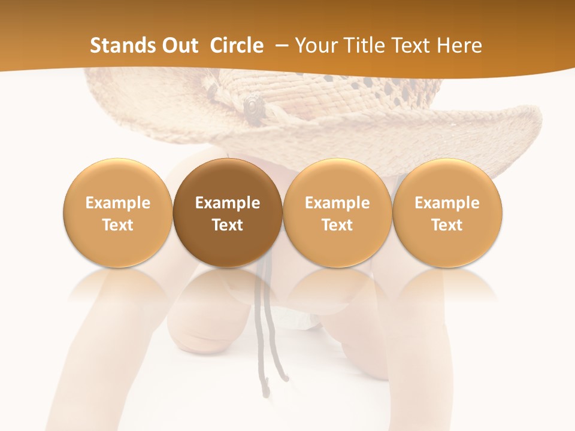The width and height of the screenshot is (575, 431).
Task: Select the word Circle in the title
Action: click(x=237, y=45)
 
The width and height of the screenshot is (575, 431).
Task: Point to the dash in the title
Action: click(x=282, y=45)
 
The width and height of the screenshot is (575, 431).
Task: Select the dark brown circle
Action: click(x=228, y=213)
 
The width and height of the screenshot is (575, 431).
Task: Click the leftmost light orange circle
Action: click(x=118, y=213)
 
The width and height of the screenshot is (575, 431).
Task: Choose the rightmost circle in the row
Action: click(x=447, y=213)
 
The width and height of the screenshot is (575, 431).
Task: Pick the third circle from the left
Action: click(x=337, y=213)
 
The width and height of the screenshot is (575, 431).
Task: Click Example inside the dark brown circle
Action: click(x=228, y=203)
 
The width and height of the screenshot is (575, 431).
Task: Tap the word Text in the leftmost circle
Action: click(x=118, y=225)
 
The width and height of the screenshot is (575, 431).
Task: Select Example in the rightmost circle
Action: click(x=447, y=203)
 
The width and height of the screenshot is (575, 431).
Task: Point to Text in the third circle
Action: click(x=337, y=225)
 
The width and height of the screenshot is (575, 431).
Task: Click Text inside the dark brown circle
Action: click(x=228, y=225)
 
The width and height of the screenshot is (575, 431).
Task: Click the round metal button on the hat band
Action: click(x=253, y=107)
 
